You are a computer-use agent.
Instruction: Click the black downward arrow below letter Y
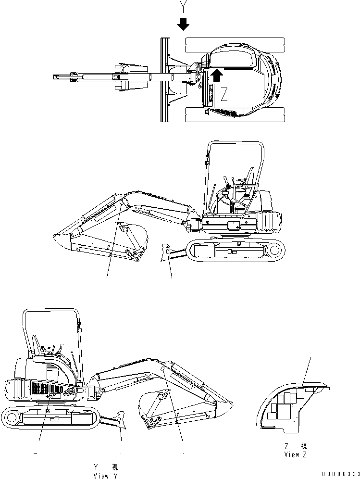(183, 24)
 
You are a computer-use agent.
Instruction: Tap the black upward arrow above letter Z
(216, 75)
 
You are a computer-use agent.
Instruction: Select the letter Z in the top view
(224, 94)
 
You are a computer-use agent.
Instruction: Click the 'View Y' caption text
(105, 476)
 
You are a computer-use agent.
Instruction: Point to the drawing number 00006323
(341, 474)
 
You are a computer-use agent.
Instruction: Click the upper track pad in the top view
(235, 45)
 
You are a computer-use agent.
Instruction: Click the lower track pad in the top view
(235, 114)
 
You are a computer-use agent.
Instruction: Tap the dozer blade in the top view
(165, 80)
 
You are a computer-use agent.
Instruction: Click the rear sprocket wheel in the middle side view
(274, 250)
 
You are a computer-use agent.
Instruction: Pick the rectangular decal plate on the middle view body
(234, 226)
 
